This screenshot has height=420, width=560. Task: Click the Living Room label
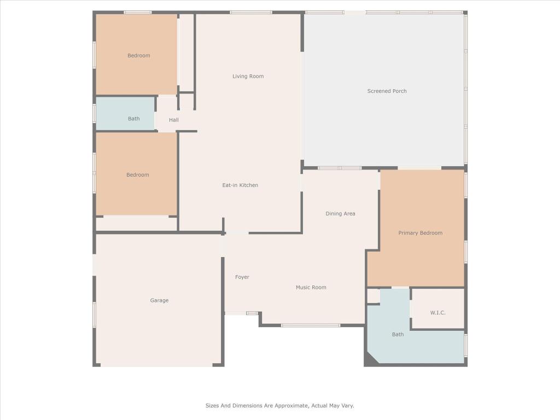tap(248, 77)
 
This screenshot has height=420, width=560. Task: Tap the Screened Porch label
tap(387, 91)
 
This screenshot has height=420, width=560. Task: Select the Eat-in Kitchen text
tap(240, 185)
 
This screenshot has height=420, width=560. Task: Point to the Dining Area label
tap(340, 214)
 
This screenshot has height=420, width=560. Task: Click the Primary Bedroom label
tap(420, 233)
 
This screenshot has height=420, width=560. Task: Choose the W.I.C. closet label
tap(437, 313)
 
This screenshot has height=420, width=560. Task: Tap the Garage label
tap(159, 300)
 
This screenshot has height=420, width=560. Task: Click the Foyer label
tap(242, 277)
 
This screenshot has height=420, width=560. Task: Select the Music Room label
tap(311, 288)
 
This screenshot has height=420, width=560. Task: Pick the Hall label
tap(173, 120)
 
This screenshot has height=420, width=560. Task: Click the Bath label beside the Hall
tap(133, 119)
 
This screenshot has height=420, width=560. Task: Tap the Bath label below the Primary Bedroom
tap(398, 334)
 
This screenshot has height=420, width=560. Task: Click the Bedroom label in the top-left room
tap(138, 56)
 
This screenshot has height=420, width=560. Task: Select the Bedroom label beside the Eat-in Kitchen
tap(137, 175)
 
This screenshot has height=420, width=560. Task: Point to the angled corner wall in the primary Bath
tap(372, 357)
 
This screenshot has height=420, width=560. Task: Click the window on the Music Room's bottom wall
tap(310, 325)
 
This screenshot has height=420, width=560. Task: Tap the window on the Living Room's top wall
tap(250, 12)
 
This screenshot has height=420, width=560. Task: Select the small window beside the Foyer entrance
tap(252, 313)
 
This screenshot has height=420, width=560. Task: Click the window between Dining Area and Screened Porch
tap(339, 168)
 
